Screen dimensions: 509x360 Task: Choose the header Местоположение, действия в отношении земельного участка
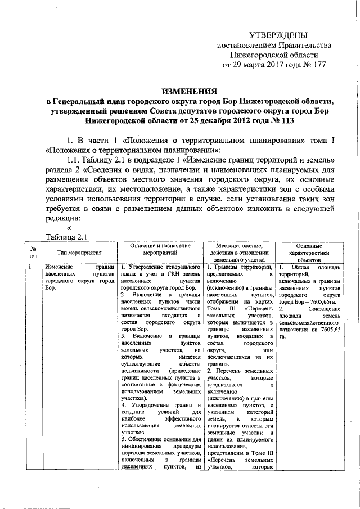(238, 254)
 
